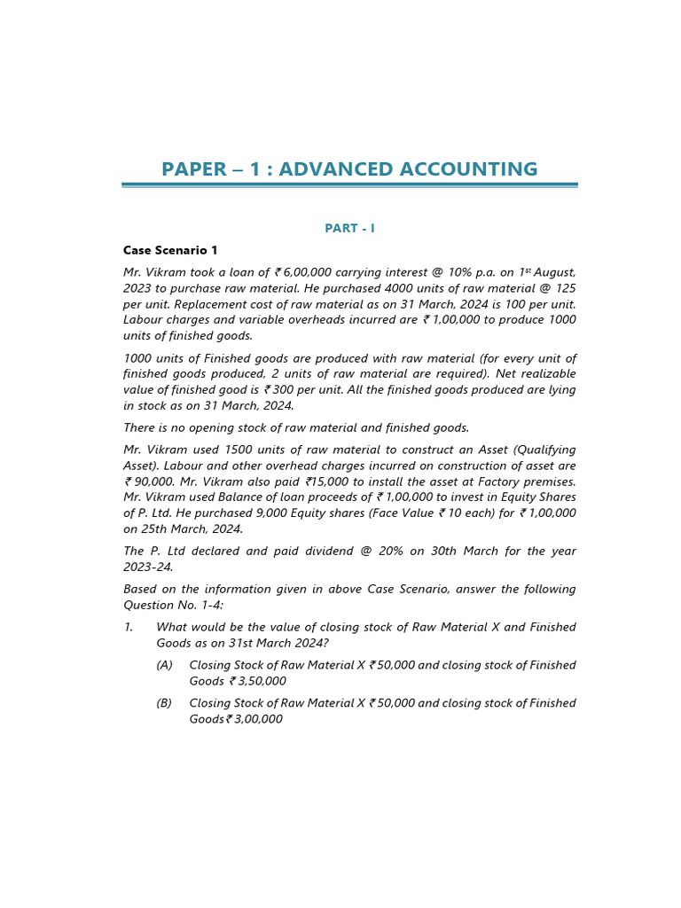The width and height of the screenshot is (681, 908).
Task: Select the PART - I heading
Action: point(349,229)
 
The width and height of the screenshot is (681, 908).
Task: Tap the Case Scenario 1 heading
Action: point(170,251)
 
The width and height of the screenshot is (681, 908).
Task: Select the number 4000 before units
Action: point(385,289)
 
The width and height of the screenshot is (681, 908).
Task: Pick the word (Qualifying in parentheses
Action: point(543,450)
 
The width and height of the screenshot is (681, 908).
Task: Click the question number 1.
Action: point(129,628)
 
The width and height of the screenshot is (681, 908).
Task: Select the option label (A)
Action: point(164,666)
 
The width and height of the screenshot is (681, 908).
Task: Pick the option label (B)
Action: point(164,704)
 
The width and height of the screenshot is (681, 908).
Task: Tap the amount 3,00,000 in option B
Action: point(258,720)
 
